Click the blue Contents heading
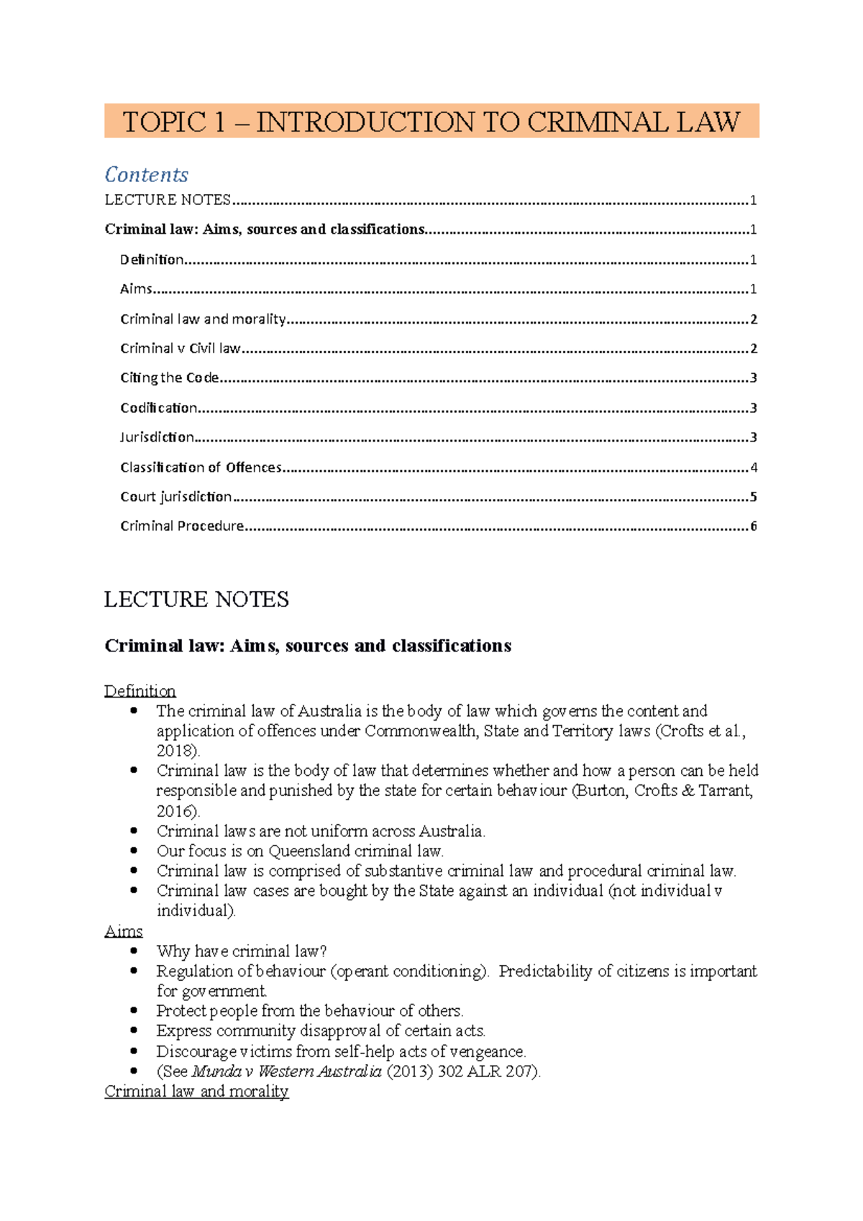(146, 175)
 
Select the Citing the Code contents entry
(169, 378)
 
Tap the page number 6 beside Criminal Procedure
(753, 526)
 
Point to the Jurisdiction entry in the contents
(157, 437)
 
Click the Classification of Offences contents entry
(201, 467)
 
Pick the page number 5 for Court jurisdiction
(753, 497)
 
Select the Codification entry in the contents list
(158, 408)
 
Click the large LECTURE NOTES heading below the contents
(196, 599)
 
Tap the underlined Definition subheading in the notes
(140, 691)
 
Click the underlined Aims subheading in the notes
(123, 931)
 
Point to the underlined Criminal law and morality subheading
(196, 1091)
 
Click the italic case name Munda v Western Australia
(287, 1071)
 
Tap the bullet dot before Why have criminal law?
(134, 951)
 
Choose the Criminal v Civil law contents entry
(180, 348)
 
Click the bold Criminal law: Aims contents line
(264, 229)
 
